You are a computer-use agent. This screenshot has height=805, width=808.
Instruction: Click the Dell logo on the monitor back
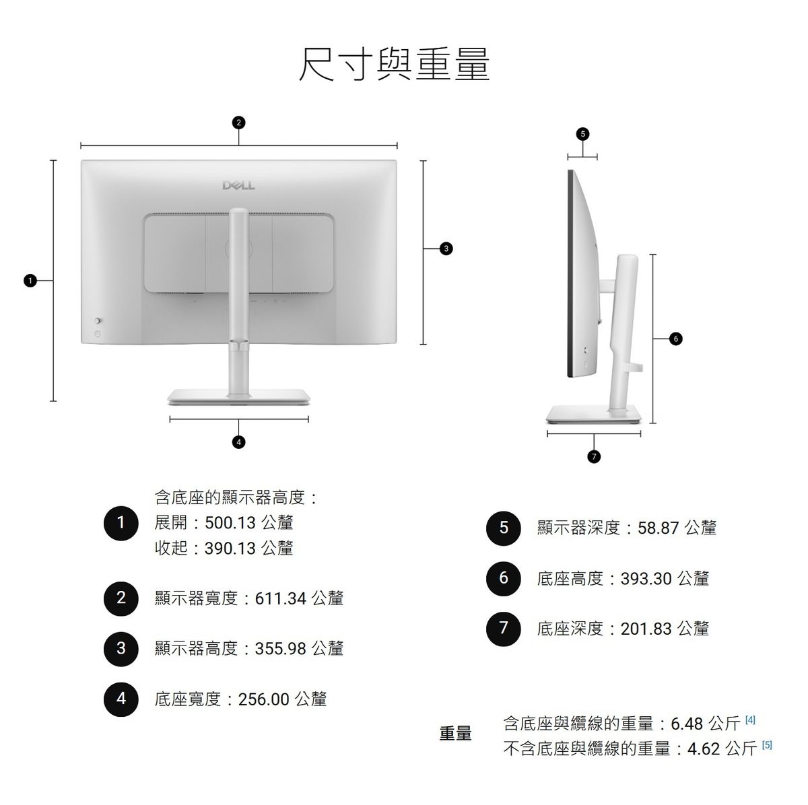click(238, 185)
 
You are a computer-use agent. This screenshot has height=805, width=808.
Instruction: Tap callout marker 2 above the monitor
click(238, 123)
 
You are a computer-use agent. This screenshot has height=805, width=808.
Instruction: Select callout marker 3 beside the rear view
click(446, 248)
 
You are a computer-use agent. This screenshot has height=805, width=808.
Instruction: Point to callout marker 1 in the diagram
click(30, 281)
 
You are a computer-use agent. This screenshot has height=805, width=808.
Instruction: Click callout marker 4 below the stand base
click(238, 442)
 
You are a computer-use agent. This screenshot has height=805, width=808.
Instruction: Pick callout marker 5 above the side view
click(582, 134)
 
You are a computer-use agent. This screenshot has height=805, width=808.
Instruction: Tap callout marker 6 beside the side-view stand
click(675, 339)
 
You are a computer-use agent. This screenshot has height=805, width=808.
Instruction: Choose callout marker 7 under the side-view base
click(594, 456)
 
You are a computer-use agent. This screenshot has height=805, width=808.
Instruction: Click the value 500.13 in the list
click(230, 523)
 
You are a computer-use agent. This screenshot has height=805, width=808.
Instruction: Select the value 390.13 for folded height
click(230, 549)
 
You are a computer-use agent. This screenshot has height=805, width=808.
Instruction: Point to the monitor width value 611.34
click(281, 599)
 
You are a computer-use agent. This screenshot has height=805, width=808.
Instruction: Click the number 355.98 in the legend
click(281, 649)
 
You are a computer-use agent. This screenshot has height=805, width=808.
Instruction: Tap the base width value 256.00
click(264, 699)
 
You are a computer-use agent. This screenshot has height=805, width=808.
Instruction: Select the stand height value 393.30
click(646, 579)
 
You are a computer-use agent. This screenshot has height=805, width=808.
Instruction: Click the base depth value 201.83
click(646, 629)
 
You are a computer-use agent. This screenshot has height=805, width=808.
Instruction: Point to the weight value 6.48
click(687, 724)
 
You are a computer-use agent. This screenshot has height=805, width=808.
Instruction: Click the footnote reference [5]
click(767, 744)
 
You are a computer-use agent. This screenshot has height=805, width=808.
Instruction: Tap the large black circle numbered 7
click(503, 629)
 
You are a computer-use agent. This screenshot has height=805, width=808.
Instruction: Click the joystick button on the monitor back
click(98, 321)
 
